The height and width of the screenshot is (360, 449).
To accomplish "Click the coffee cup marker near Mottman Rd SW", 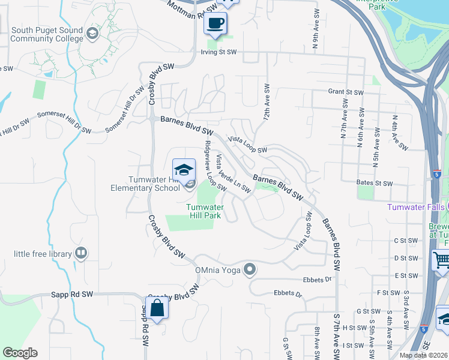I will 215,24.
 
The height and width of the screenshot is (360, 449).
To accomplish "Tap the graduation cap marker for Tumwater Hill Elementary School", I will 184,169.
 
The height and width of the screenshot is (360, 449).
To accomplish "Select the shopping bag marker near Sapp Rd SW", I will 157,309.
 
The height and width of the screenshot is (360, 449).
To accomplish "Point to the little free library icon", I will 80,254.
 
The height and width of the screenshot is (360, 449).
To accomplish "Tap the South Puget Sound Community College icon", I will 92,32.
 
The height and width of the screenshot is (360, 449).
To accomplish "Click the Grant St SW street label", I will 346,92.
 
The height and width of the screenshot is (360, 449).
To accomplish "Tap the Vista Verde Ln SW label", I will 233,174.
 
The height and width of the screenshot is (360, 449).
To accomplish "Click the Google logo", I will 20,353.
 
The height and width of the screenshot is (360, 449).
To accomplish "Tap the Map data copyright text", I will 423,355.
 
